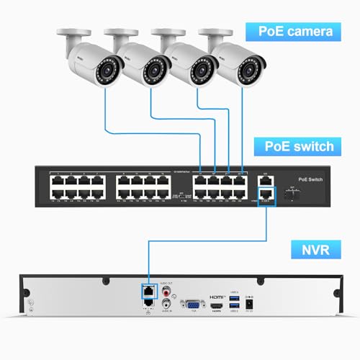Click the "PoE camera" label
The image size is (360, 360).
click(292, 32)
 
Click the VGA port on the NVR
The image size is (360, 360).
click(192, 304)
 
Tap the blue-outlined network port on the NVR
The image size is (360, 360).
click(147, 292)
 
